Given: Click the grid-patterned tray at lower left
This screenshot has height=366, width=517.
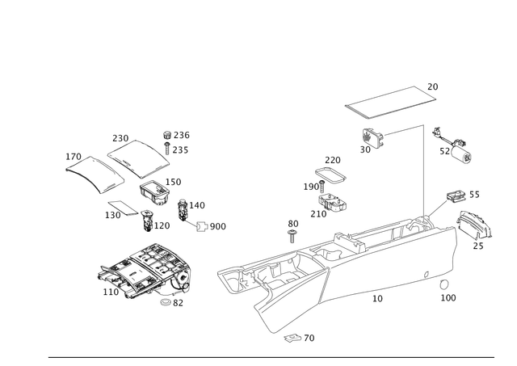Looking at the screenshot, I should coord(145,267).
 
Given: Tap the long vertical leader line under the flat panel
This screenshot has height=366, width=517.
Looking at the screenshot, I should coord(422,170).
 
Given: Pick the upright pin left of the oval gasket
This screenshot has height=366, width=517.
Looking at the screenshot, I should coord(292,234).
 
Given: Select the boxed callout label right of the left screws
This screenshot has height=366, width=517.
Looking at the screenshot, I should coord(215,226).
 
